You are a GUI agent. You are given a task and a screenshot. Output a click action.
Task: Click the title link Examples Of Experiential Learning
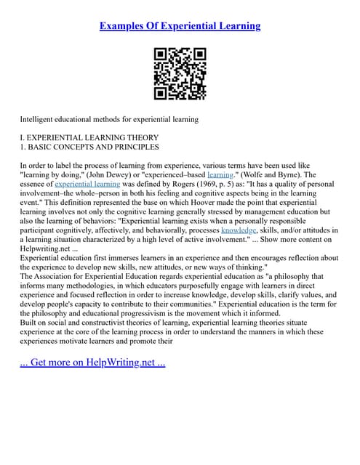(180, 26)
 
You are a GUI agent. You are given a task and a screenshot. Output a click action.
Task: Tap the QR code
(180, 73)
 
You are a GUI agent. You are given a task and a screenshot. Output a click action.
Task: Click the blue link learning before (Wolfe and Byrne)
(220, 175)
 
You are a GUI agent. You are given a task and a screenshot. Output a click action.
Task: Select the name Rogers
(166, 185)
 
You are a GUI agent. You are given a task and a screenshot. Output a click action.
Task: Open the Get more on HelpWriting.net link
(93, 363)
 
